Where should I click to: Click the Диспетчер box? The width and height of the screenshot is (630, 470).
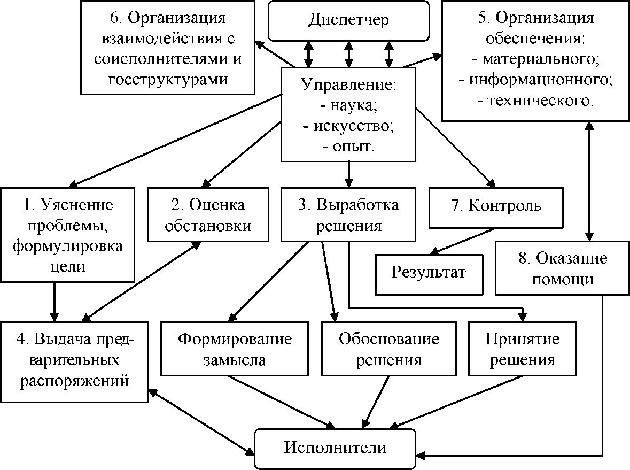(348, 20)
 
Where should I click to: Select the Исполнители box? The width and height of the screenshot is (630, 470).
(335, 448)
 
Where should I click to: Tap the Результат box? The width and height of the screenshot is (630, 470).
(429, 273)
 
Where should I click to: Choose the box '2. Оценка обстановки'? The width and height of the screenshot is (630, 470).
(208, 214)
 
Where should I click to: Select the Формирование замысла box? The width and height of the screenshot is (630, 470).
(235, 348)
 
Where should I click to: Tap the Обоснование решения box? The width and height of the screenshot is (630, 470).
(388, 348)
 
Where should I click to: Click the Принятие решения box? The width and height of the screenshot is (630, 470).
(522, 348)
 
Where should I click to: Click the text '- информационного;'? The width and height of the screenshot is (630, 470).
(535, 80)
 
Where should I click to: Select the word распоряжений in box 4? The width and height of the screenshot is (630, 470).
(75, 381)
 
